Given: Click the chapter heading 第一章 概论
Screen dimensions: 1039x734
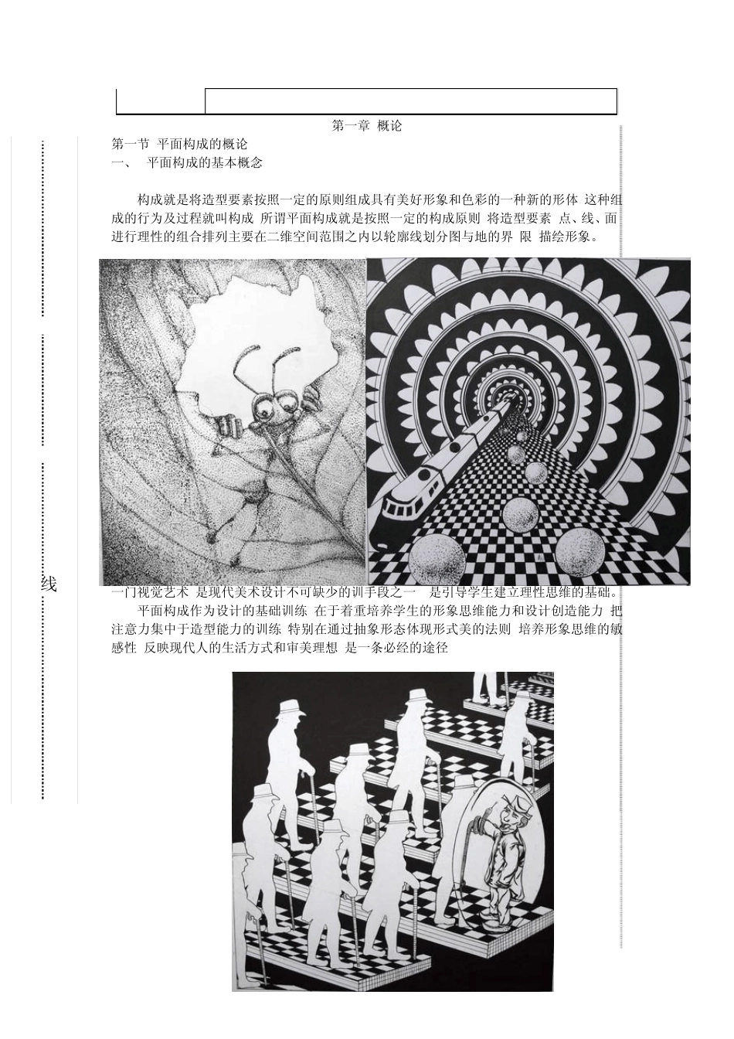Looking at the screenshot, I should pos(366,126).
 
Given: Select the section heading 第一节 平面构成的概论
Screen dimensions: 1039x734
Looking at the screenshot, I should pos(179,145).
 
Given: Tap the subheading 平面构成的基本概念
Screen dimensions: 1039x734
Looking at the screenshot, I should pos(204,163).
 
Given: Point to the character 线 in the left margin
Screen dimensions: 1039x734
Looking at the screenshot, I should pos(49,584).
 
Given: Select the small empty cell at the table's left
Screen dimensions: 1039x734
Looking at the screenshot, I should pos(161,101).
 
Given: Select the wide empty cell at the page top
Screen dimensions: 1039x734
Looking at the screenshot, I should pos(410,101).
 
